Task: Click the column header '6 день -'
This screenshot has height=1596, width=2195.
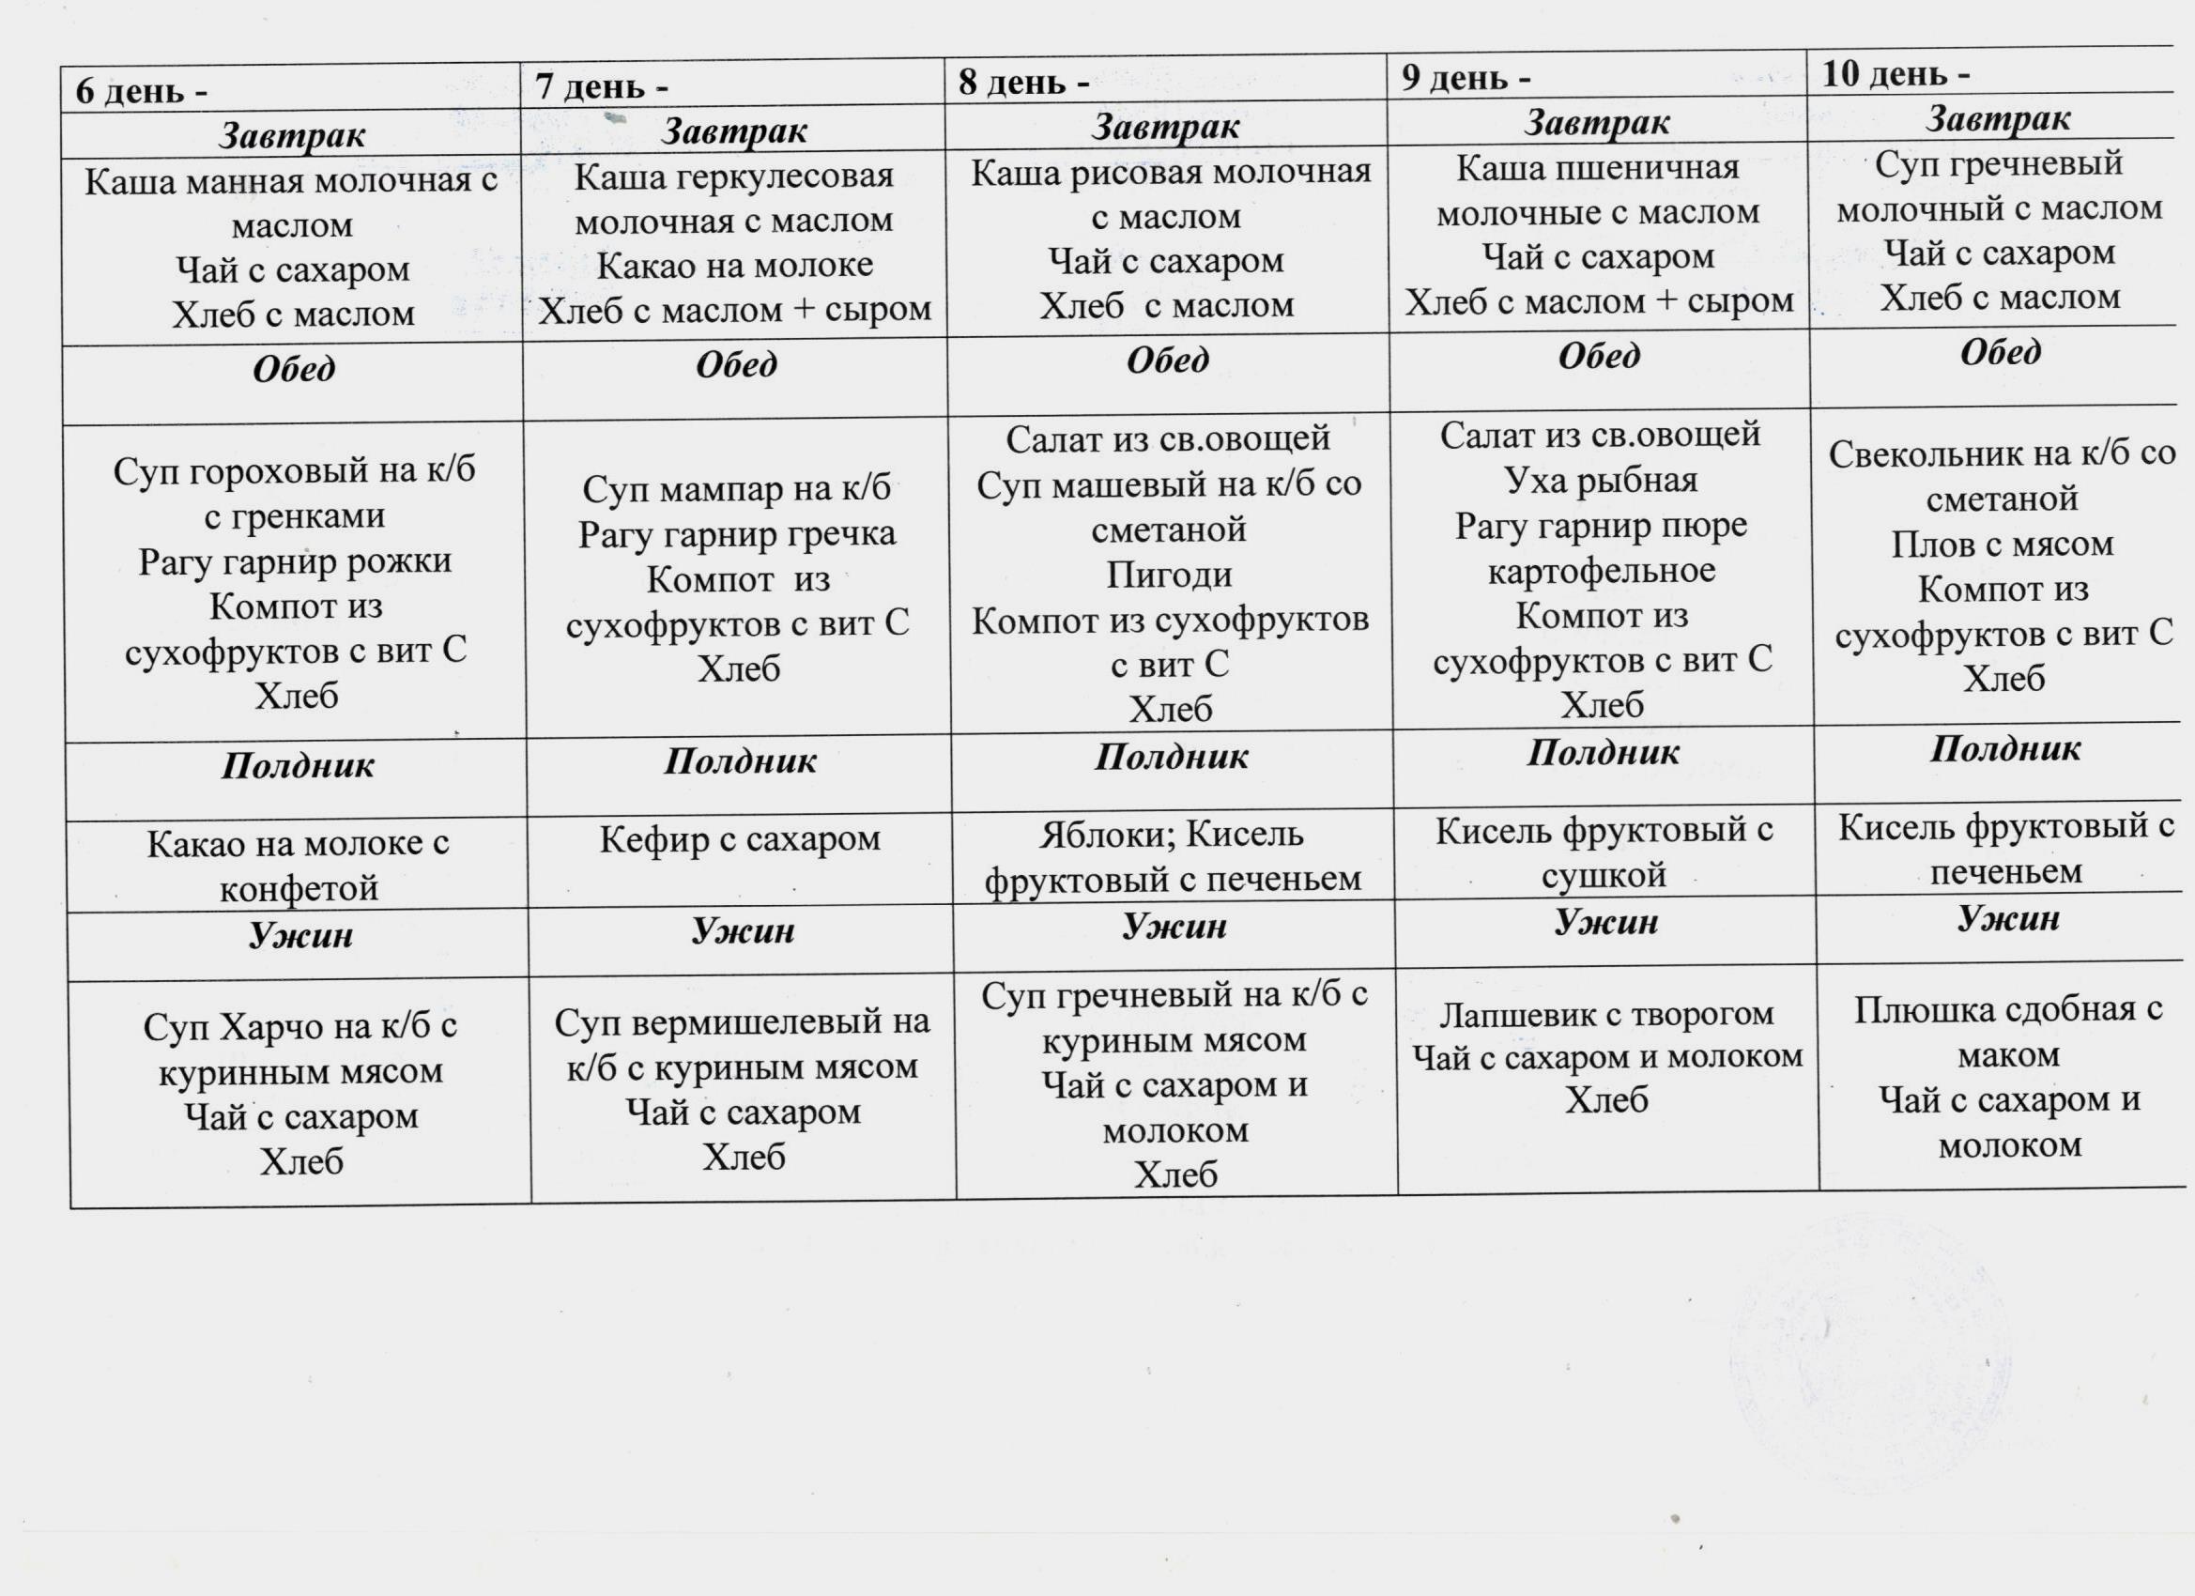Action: tap(142, 91)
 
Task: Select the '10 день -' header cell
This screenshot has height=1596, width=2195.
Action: tap(1895, 73)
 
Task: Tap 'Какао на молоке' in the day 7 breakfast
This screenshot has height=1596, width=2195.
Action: tap(734, 265)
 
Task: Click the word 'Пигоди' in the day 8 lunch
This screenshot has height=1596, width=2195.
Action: tap(1169, 575)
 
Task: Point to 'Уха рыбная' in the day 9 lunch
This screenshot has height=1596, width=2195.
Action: tap(1601, 480)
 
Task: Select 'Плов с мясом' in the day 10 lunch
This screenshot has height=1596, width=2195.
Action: tap(2003, 544)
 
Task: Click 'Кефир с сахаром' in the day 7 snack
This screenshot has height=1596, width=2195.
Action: tap(740, 838)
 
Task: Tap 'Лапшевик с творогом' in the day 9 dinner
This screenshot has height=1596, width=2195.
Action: tap(1606, 1013)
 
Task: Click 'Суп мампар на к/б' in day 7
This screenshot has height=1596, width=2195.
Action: tap(735, 489)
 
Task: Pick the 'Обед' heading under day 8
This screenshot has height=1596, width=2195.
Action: tap(1167, 361)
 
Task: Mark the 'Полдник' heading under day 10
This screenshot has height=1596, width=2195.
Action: tap(2004, 749)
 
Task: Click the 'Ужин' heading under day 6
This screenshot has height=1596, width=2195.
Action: tap(300, 935)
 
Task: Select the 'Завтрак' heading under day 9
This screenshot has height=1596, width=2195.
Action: tap(1597, 123)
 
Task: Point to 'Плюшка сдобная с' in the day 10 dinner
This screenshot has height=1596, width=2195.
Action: tap(2007, 1009)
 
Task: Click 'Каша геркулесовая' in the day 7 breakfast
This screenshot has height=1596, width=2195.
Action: tap(733, 177)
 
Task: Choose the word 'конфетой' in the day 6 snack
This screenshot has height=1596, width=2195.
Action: tap(299, 887)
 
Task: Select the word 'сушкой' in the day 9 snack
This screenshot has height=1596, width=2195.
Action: tap(1603, 876)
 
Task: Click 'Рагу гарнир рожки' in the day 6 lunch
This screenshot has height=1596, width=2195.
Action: tap(294, 561)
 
